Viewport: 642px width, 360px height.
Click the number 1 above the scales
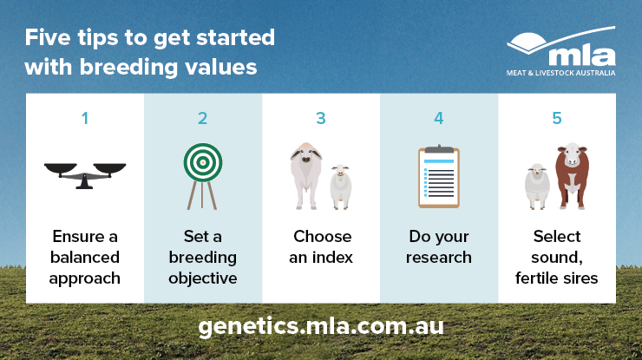tap(85, 118)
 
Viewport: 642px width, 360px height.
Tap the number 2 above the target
tap(203, 118)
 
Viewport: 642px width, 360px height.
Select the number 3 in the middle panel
tap(321, 118)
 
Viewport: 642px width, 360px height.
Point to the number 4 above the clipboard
tap(439, 118)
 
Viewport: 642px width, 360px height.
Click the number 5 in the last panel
tap(557, 118)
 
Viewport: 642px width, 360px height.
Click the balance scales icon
tap(85, 175)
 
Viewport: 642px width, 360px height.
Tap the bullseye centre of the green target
tap(203, 162)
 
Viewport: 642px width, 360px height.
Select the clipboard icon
tap(439, 176)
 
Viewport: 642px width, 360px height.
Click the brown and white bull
tap(572, 176)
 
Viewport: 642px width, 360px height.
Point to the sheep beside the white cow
tap(341, 187)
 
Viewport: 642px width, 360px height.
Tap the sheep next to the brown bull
tap(537, 187)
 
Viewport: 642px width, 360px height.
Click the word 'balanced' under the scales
tap(85, 257)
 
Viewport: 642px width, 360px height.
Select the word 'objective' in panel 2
tap(203, 278)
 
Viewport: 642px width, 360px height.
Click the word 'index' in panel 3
tap(332, 257)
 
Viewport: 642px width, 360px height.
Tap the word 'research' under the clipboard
tap(438, 258)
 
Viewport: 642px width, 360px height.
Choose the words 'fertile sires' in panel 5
tap(556, 278)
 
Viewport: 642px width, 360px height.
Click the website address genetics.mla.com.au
tap(321, 326)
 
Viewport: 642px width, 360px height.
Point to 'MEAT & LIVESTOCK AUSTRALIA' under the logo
tap(560, 73)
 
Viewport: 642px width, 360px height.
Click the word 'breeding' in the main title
tap(128, 67)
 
